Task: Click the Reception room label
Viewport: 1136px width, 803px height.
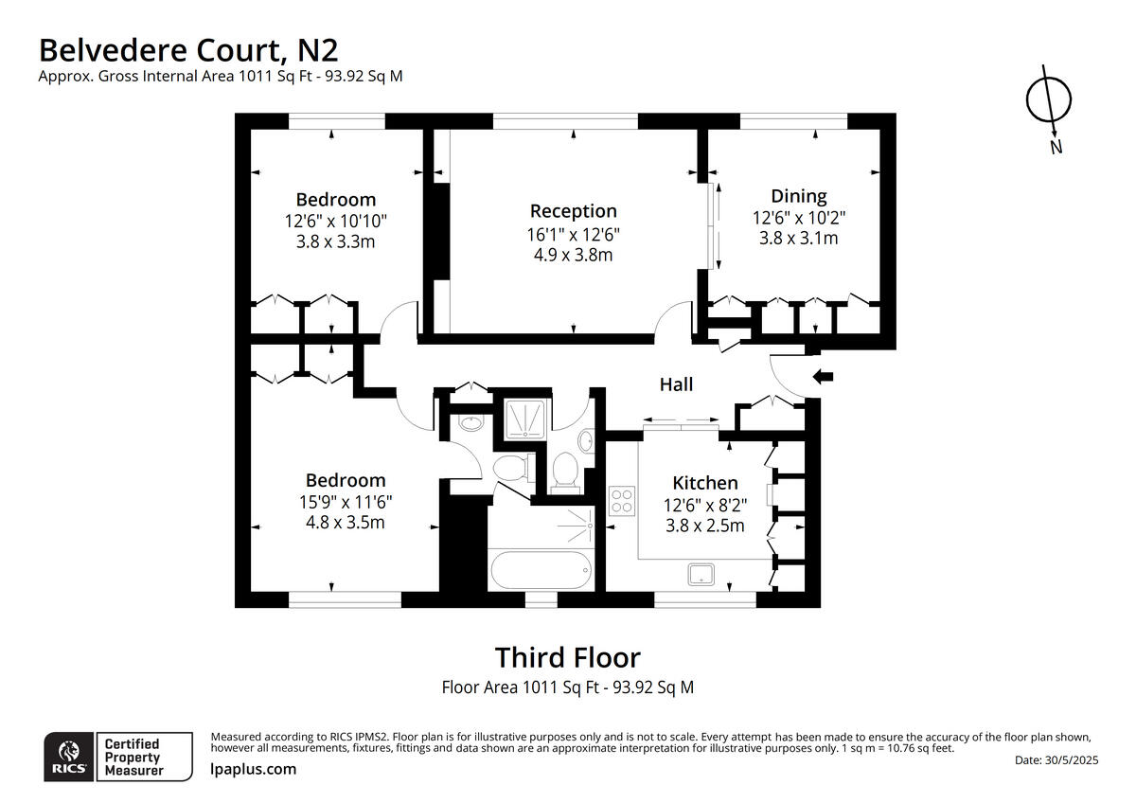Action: click(x=573, y=211)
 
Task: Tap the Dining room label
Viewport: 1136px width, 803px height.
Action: click(x=798, y=196)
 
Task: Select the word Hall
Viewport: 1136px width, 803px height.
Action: click(x=676, y=384)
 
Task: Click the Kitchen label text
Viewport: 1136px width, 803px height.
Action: click(x=704, y=483)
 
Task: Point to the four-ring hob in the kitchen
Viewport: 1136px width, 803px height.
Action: click(x=622, y=499)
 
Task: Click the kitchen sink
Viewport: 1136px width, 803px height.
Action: click(x=701, y=573)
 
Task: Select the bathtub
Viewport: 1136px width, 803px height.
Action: click(x=541, y=568)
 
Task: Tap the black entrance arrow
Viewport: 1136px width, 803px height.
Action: click(x=823, y=377)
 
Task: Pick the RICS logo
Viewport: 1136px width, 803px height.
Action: click(x=68, y=756)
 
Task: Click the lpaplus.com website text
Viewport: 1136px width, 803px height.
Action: click(x=253, y=769)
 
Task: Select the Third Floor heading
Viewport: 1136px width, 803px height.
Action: click(x=567, y=657)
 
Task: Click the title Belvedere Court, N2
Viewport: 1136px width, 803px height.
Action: click(x=187, y=49)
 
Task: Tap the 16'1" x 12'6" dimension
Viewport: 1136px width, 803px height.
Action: click(x=573, y=233)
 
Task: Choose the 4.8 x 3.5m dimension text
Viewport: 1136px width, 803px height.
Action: click(x=345, y=522)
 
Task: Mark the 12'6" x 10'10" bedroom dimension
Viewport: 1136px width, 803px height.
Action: click(x=335, y=221)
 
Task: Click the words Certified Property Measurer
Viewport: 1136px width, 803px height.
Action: click(x=133, y=757)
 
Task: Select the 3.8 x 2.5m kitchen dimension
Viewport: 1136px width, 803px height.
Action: click(x=704, y=526)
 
